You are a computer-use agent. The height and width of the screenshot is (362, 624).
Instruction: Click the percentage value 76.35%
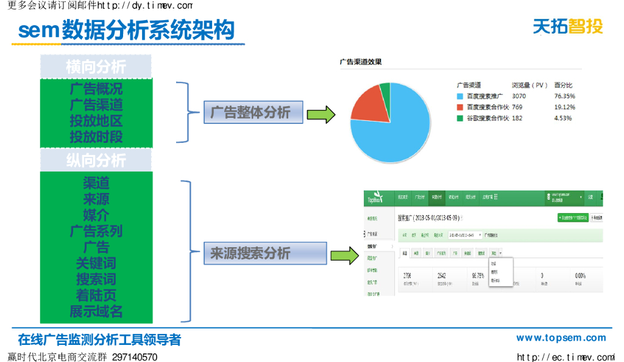click(564, 96)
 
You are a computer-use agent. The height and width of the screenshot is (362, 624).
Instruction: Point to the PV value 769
click(517, 107)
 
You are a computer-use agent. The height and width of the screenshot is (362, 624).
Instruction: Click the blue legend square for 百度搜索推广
click(459, 96)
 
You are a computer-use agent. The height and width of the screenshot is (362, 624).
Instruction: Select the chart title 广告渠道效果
click(361, 62)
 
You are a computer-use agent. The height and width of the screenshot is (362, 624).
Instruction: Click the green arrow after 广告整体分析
click(321, 114)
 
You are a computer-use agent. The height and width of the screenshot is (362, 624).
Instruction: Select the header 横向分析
click(96, 67)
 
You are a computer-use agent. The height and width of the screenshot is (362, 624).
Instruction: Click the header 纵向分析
click(96, 160)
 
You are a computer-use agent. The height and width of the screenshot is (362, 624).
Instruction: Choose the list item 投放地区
click(96, 121)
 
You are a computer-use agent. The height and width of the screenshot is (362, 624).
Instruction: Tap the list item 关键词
click(96, 264)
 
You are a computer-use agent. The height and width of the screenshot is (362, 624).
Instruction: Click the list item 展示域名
click(96, 311)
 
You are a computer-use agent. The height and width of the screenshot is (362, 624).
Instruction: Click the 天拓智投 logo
click(567, 26)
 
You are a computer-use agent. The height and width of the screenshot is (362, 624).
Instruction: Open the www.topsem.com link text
click(561, 338)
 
